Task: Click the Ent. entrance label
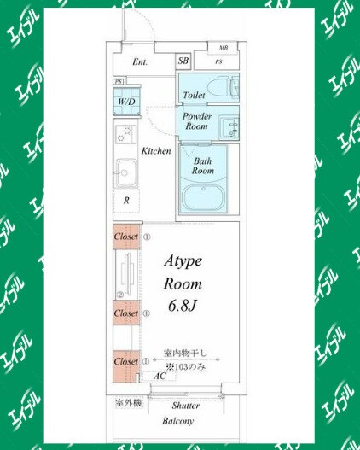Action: tap(140, 61)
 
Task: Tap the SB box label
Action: tap(183, 61)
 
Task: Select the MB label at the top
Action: tap(224, 47)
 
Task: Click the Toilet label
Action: tap(194, 95)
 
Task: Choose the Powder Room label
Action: tap(196, 120)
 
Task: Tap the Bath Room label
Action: tap(202, 166)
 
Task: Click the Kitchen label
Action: tap(156, 151)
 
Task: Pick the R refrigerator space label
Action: tap(126, 201)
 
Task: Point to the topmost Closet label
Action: tap(126, 237)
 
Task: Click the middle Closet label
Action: tap(126, 313)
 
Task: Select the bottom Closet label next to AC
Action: tap(126, 361)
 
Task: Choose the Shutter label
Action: tap(185, 406)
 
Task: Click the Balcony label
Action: tap(179, 421)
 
